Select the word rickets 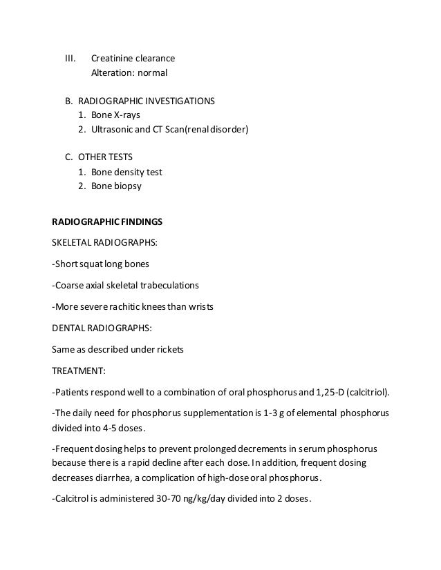(169, 349)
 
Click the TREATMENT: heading (79, 371)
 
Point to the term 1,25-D (328, 393)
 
